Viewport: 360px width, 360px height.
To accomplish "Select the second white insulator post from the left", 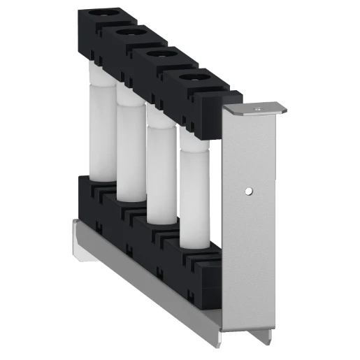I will pyautogui.click(x=131, y=150).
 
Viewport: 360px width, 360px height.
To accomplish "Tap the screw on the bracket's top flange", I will pyautogui.click(x=257, y=108).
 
